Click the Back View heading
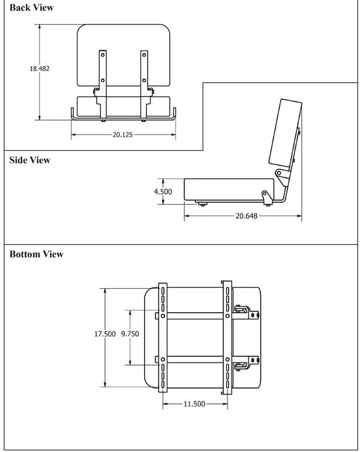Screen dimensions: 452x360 31,8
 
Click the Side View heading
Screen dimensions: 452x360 30,160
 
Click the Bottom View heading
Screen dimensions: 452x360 37,255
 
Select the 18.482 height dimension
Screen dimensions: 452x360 40,68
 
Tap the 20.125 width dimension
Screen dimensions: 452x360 122,134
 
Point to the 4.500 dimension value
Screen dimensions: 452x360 163,192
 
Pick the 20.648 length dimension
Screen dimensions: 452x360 243,216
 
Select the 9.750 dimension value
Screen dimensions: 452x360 130,334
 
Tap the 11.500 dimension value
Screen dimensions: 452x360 194,404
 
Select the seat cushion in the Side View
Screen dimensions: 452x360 225,189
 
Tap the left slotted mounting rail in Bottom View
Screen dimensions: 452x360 163,338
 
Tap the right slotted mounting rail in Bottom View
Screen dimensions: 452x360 227,338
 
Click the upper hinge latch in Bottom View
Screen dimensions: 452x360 246,310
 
